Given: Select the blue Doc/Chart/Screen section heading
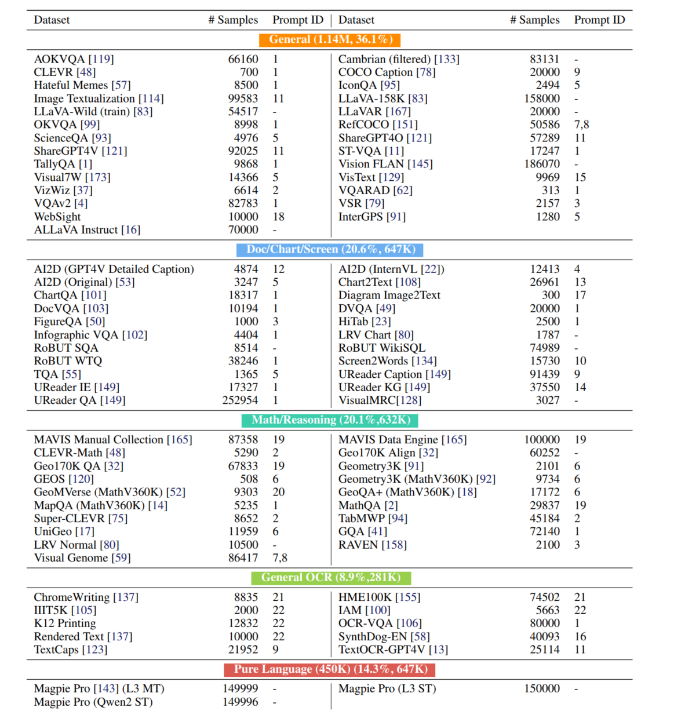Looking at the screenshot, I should coord(330,250).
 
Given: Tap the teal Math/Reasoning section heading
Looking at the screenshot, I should coord(330,420).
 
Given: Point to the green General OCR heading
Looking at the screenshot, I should coord(330,578).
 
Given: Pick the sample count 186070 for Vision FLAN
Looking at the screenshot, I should coord(542,164).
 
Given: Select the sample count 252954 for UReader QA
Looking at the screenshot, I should coord(240,400).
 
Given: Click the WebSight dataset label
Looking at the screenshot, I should coord(57,217).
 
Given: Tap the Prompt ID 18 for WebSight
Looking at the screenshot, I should coord(278,217).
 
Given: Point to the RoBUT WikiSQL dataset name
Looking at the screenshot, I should coord(381,348).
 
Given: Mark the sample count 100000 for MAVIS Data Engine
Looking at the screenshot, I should coord(542,440).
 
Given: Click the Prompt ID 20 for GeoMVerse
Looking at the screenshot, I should coord(278,492).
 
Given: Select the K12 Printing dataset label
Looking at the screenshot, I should coord(65,624).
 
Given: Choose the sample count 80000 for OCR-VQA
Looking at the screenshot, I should coord(545,624).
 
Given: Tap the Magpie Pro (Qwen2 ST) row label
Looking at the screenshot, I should coord(93,702).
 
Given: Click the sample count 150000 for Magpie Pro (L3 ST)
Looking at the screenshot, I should coord(542,689).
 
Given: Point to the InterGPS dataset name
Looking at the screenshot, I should coord(372,217).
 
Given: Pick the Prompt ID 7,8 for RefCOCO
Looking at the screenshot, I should coord(581,125).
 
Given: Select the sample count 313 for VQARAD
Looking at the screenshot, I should coord(551,190).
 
